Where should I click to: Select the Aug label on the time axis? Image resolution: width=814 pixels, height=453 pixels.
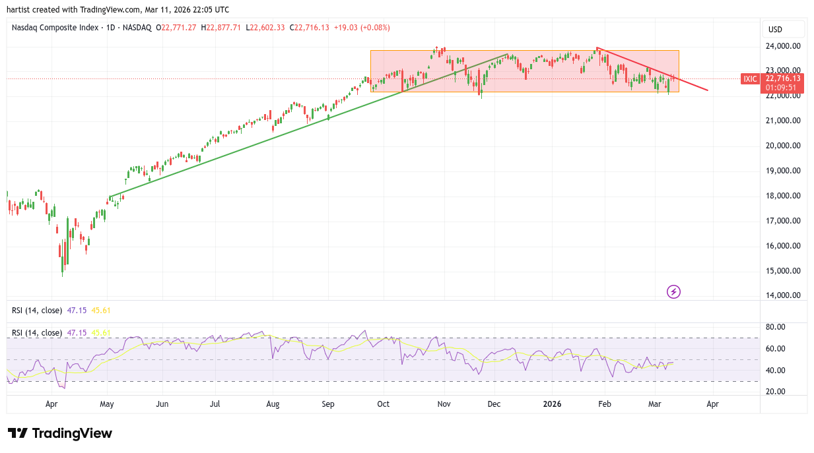(x=273, y=404)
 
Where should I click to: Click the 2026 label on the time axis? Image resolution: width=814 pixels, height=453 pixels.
(x=551, y=404)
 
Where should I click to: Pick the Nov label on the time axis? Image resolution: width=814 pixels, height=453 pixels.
(x=444, y=404)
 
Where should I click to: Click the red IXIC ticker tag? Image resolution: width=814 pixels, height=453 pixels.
(x=750, y=78)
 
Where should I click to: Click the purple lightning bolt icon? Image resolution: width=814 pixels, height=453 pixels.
(x=673, y=291)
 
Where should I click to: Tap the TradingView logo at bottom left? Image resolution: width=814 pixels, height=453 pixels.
(x=60, y=433)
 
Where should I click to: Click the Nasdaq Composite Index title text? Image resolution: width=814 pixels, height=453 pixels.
(x=55, y=28)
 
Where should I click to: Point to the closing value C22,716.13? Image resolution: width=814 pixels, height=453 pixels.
(x=312, y=28)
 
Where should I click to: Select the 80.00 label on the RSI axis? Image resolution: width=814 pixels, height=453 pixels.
(x=776, y=327)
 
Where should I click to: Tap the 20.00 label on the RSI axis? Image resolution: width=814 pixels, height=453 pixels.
(x=776, y=392)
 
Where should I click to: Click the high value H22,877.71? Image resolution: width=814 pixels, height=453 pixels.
(x=222, y=28)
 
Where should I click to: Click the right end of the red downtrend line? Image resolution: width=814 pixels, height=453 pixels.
(x=708, y=90)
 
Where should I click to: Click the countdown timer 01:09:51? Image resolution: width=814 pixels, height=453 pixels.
(x=781, y=87)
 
